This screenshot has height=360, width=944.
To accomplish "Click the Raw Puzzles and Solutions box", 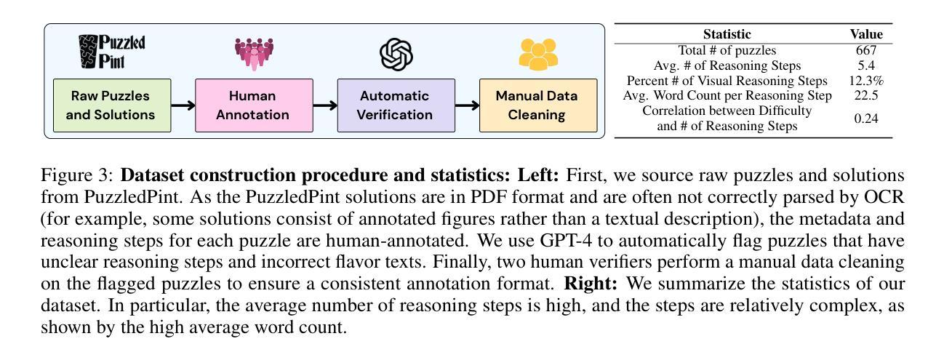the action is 112,105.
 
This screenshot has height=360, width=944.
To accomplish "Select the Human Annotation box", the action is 254,105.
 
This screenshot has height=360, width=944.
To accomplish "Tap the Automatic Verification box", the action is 396,105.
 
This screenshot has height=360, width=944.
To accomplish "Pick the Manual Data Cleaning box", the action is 538,105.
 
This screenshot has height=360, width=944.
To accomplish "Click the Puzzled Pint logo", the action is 112,52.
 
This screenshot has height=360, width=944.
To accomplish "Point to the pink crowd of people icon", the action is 254,54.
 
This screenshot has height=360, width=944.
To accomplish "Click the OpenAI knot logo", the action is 396,55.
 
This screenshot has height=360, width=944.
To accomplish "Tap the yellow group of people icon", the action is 538,55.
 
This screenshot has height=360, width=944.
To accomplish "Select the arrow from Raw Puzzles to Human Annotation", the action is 183,105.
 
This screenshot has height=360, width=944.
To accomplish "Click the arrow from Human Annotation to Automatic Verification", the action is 325,105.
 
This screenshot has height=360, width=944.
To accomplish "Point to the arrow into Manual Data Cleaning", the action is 468,105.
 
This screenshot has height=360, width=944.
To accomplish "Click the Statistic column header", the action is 727,34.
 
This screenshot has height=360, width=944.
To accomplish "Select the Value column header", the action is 866,34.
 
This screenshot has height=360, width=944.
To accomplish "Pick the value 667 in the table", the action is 866,50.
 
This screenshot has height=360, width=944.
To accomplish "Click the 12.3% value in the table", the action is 866,81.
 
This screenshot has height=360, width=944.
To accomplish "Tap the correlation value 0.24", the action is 866,119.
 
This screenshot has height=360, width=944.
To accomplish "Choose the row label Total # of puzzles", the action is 727,50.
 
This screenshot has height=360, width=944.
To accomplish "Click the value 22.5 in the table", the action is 866,95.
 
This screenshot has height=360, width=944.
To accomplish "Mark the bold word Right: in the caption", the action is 591,284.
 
